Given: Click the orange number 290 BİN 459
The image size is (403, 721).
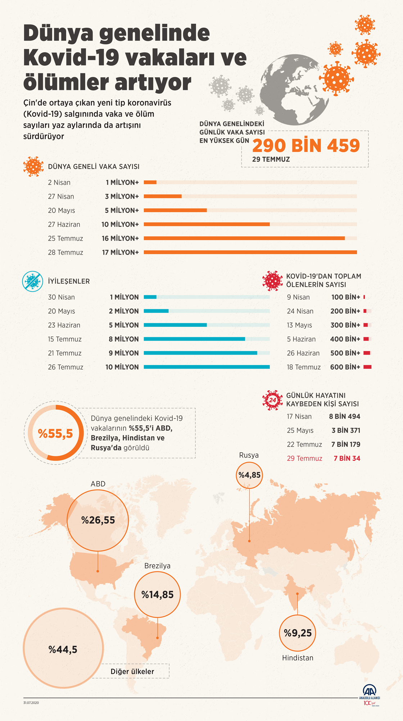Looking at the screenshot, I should [306, 146].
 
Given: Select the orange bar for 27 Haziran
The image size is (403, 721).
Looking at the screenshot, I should [207, 224].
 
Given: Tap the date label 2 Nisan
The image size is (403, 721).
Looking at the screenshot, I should [59, 183].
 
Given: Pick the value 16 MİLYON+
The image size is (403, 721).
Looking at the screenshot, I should [120, 238].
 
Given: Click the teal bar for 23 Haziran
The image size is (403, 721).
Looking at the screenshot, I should [175, 325].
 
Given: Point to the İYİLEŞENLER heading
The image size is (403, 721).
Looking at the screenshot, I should [69, 281].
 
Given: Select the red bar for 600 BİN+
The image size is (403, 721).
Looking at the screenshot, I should [367, 367].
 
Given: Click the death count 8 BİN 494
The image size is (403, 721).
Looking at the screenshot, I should [344, 416].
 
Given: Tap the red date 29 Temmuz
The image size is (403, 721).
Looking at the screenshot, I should [304, 458].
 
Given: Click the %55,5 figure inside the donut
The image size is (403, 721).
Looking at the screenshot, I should [55, 434].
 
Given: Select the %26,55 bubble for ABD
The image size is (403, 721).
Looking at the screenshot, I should [98, 520].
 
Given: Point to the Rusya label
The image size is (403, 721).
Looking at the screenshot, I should [249, 455].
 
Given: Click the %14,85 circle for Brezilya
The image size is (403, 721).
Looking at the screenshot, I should [157, 595].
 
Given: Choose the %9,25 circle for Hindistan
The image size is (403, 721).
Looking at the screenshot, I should [298, 633].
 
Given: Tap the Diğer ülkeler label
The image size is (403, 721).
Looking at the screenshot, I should [132, 671].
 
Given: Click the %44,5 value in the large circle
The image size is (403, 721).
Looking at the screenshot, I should [63, 649].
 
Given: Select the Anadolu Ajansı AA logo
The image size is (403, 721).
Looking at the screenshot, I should [370, 691].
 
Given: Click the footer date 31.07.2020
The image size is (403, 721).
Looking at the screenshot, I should [31, 703].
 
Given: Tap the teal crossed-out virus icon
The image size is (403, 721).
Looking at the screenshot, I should [33, 281].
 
